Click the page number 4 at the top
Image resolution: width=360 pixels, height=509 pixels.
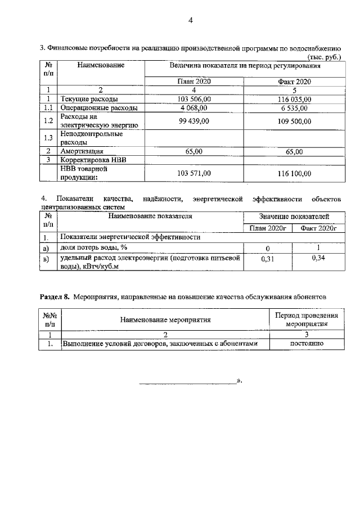click(190, 21)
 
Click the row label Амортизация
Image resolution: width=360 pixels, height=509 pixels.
click(82, 151)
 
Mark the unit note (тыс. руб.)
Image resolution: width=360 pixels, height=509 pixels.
click(325, 57)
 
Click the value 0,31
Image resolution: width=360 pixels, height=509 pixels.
click(268, 260)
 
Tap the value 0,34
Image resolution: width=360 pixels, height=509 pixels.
click(318, 258)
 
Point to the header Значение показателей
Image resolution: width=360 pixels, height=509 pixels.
click(294, 217)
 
